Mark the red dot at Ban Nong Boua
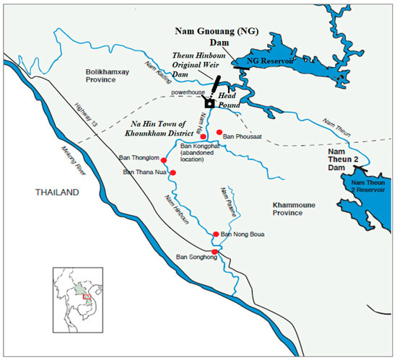click(216, 234)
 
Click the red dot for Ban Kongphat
click(203, 137)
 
